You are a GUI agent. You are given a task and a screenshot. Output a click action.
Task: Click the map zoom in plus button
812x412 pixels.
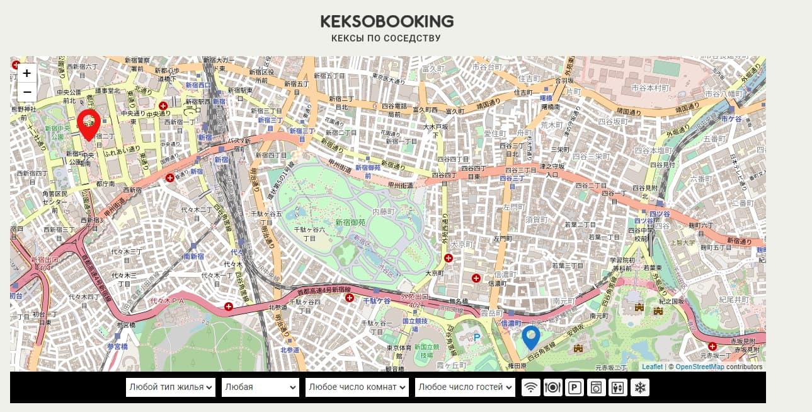(27, 73)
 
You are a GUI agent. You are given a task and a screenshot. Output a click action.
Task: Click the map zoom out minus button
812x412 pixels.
(27, 92)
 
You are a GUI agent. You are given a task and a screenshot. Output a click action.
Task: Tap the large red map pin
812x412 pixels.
(89, 124)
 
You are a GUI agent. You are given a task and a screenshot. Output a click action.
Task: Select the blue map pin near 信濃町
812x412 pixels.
(531, 337)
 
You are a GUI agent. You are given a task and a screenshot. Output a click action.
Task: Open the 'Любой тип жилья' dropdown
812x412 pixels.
(171, 387)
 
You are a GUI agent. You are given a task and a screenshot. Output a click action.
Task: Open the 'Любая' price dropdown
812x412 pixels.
(260, 387)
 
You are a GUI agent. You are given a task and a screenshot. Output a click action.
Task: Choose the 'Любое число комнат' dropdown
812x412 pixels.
(357, 387)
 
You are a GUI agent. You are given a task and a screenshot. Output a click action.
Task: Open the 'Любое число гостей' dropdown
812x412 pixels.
(465, 387)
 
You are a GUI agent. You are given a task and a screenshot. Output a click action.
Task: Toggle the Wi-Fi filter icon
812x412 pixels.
(531, 387)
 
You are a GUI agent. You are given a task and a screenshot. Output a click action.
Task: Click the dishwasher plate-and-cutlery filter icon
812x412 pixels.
(552, 387)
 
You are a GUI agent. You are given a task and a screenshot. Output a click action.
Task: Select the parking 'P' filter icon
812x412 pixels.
(575, 387)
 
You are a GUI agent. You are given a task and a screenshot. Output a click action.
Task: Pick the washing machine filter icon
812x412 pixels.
(596, 387)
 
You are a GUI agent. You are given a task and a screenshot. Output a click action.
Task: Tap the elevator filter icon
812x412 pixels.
(618, 387)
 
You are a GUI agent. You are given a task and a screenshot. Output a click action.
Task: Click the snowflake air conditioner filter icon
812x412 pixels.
(639, 387)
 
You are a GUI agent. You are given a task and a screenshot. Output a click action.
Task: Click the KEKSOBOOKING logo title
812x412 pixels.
(387, 21)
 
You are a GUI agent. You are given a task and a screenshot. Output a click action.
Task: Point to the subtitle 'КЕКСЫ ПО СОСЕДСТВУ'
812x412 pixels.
(386, 38)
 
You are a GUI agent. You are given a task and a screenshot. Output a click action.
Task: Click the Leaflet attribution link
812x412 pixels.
(652, 367)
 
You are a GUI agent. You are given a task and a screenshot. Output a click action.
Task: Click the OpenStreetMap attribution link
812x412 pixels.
(699, 367)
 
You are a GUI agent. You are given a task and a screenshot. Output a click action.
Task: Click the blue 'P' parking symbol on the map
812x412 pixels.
(477, 337)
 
